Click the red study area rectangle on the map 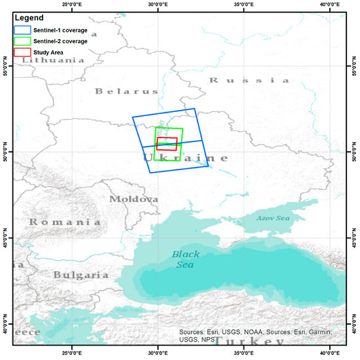[167, 143]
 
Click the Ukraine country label [186, 158]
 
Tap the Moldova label [134, 199]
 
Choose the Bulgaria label [81, 275]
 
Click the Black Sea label [187, 259]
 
